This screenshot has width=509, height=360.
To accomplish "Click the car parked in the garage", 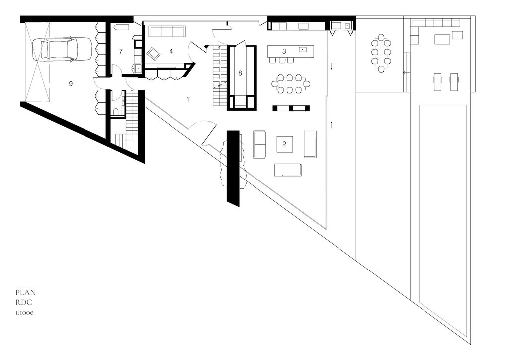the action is (x=62, y=49).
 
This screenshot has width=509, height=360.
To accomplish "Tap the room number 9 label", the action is (x=71, y=84).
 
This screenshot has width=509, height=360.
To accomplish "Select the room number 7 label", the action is (x=121, y=51).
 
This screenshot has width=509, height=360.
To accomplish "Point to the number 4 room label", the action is (x=171, y=51).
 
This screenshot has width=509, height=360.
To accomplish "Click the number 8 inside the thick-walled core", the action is (x=240, y=73).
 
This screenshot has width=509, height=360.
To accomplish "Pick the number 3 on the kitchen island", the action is (x=284, y=51).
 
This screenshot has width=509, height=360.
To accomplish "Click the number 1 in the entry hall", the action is (x=188, y=99).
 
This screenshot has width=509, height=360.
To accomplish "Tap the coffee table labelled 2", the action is (x=284, y=144).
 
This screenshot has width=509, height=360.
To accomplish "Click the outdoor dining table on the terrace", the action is (x=381, y=52).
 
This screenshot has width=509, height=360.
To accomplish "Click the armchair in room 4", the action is (x=153, y=53).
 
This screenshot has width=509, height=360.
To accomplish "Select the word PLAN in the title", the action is (x=26, y=292).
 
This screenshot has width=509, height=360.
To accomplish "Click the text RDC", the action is (x=24, y=302).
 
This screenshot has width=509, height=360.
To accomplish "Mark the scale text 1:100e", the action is (x=24, y=313).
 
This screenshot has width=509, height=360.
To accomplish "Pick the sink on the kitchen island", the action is (x=303, y=49).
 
